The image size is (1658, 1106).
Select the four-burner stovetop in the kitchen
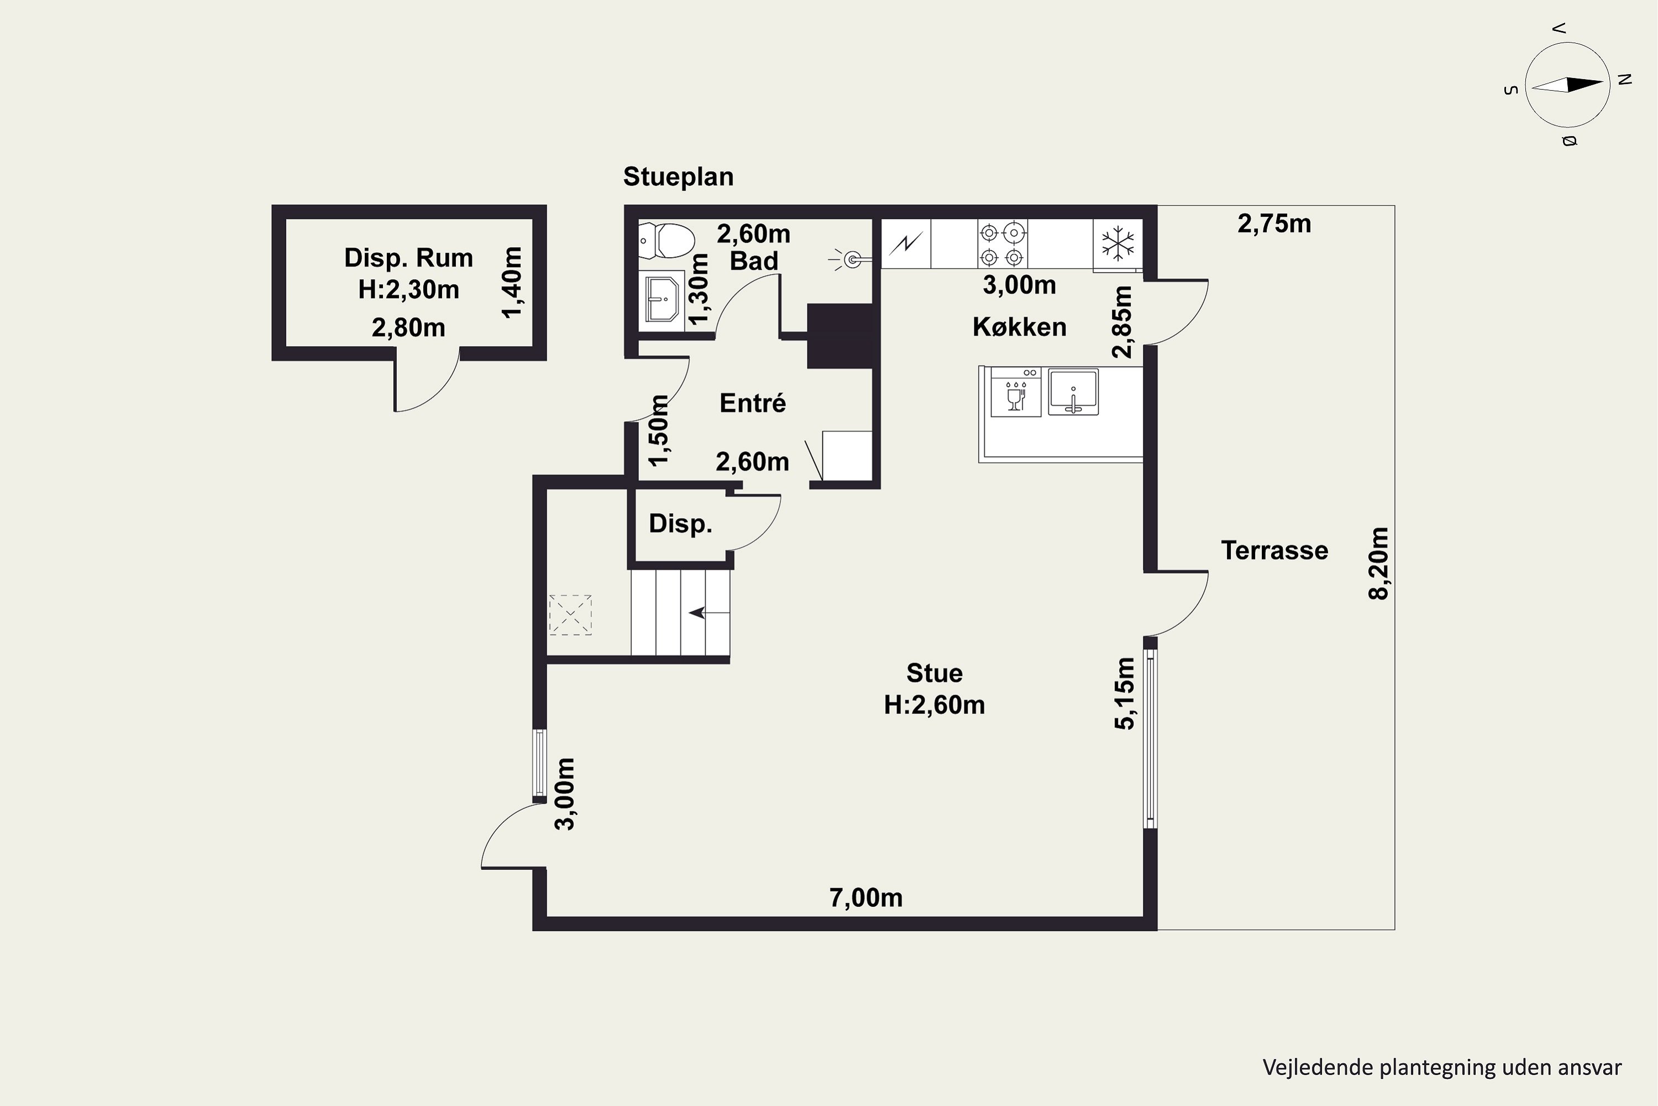pos(1001,243)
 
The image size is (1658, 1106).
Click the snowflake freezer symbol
pos(1117,243)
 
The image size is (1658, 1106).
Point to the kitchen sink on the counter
pos(1073,392)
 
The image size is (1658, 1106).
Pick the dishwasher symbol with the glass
pos(1016,392)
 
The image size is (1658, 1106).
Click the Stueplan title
pos(678,176)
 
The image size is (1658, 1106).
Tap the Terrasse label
pos(1274,550)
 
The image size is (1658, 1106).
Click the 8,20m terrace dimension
pos(1378,563)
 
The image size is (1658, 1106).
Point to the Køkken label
pos(1019,327)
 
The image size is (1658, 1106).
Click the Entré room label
pos(753,403)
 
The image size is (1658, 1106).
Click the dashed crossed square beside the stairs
pos(570,615)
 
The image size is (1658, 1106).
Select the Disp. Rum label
pos(408,258)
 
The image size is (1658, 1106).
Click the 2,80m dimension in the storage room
pos(408,328)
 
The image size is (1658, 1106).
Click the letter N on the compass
pos(1625,80)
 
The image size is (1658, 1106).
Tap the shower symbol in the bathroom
pos(849,259)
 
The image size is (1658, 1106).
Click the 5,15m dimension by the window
pos(1125,693)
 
